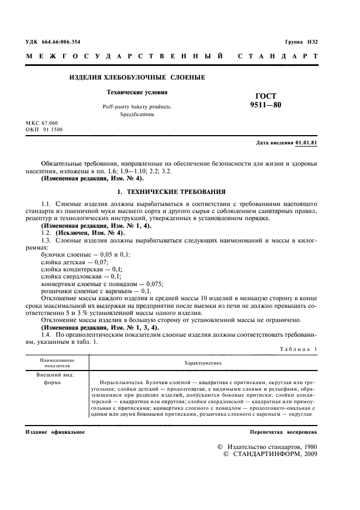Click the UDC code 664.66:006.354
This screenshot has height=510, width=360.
[x=60, y=42]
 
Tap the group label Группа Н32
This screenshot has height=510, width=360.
[x=301, y=42]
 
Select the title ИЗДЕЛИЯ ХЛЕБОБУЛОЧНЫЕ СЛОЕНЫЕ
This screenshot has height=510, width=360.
[x=137, y=77]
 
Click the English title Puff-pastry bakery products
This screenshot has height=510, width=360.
[x=137, y=107]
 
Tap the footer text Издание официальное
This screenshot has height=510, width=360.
[x=54, y=432]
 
